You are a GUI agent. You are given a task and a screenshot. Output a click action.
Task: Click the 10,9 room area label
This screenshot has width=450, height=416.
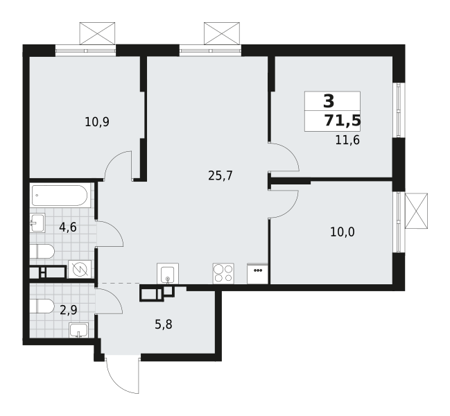97,122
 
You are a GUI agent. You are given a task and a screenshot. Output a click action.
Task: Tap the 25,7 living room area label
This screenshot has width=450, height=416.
220,175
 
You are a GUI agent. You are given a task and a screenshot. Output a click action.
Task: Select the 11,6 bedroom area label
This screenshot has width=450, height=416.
347,140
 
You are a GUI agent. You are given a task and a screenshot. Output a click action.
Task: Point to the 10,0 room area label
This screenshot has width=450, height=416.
343,232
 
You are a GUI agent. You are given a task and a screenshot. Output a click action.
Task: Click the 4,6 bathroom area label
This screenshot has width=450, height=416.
68,227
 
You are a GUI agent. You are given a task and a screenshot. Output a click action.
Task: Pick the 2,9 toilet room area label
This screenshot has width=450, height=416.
69,310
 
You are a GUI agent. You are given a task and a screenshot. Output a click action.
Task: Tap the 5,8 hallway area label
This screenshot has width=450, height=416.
164,324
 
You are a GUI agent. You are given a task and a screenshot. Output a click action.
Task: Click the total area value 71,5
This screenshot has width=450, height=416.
343,121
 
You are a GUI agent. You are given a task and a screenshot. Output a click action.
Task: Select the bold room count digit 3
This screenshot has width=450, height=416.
329,101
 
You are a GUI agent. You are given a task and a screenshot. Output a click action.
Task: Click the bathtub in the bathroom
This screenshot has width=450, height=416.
60,196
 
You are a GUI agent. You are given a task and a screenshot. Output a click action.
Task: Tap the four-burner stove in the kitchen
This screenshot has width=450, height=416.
223,273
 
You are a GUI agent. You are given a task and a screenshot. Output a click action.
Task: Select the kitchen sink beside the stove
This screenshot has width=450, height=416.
168,273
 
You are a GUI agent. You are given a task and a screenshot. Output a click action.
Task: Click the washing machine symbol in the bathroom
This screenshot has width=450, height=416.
80,269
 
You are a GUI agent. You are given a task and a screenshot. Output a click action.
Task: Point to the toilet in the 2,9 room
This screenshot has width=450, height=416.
42,306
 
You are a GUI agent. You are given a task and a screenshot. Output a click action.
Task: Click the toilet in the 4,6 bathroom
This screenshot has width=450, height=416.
42,252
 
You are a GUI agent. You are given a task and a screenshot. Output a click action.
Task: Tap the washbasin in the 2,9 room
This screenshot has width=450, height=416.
78,329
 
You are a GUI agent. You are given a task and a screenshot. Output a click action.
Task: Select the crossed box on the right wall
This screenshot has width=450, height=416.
416,211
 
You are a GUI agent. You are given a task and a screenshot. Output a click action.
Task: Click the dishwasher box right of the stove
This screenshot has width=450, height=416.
257,274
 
